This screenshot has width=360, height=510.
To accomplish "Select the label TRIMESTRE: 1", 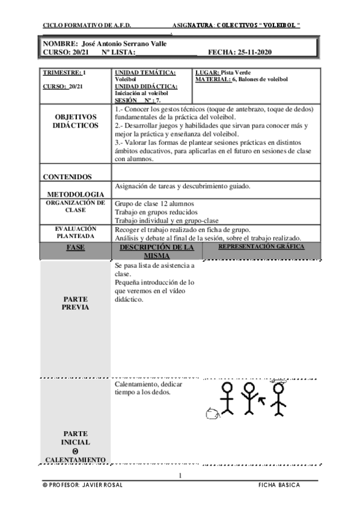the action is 64,73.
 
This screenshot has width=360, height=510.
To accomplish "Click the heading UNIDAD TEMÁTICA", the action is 145,73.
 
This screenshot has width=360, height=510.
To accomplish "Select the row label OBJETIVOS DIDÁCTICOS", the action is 76,121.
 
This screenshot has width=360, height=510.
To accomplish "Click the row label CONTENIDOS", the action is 67,177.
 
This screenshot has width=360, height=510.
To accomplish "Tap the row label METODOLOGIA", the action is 75,194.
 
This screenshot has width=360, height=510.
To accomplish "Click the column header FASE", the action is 76,248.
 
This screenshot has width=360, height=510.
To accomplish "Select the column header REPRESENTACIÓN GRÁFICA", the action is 261,247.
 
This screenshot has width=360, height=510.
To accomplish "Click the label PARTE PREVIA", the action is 76,303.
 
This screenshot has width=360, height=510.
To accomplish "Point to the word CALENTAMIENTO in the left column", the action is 76,460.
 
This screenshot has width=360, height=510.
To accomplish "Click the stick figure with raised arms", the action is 248,398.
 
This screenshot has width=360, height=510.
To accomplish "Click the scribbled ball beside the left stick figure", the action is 212,413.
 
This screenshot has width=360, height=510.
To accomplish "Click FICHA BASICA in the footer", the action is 279,485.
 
